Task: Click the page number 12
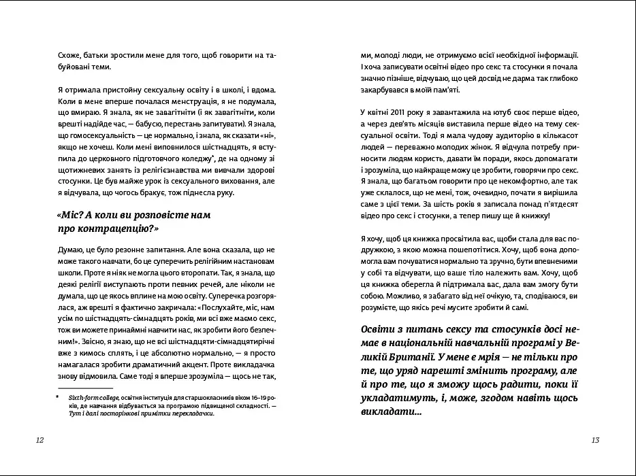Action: tap(39, 441)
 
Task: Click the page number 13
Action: tap(595, 441)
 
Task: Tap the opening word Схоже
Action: tap(70, 55)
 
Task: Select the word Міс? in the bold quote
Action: tap(71, 215)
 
